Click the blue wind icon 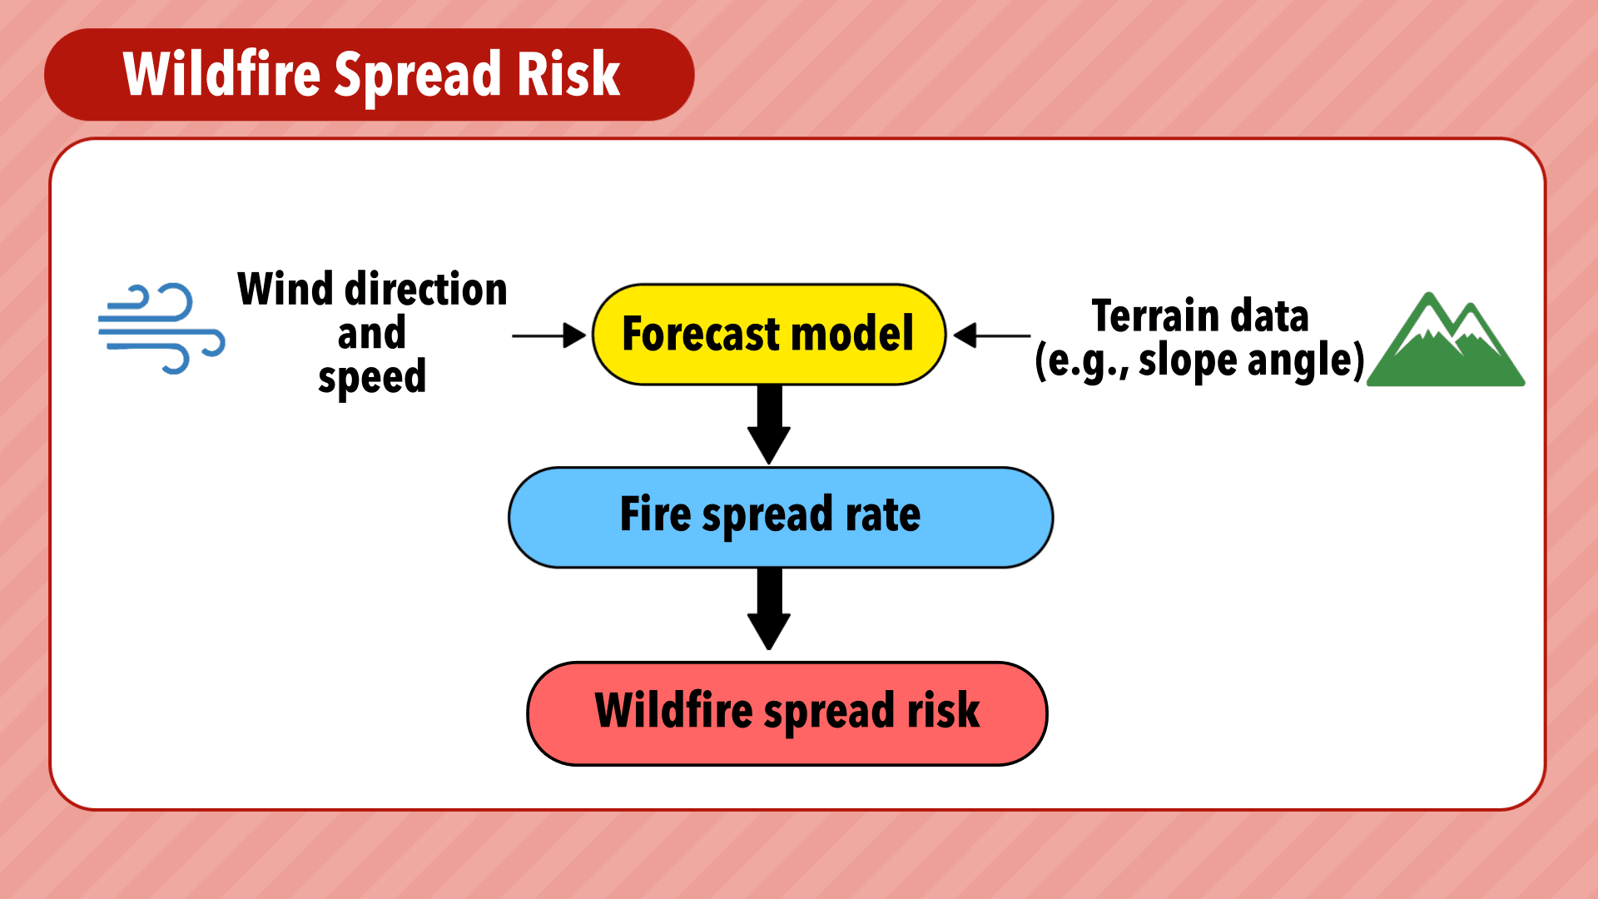coord(161,329)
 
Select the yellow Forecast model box coord(769,335)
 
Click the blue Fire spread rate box coord(781,517)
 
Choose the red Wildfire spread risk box coord(787,713)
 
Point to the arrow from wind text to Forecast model coord(549,335)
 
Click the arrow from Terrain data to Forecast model coord(992,335)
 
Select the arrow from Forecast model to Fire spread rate coord(769,425)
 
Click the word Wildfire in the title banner coord(221,73)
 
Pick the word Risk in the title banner coord(568,73)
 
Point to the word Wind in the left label coord(285,289)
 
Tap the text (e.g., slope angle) coord(1200,361)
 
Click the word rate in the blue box coord(883,514)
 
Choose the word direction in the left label coord(426,289)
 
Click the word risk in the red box coord(943,710)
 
